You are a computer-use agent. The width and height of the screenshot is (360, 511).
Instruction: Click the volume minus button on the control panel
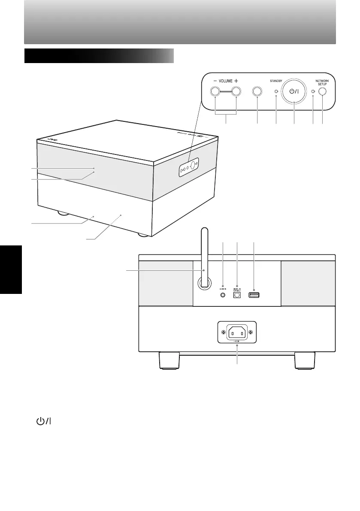coord(215,91)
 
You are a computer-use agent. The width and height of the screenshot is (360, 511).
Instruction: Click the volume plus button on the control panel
coord(236,91)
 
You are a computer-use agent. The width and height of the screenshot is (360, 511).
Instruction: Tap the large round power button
coord(294,91)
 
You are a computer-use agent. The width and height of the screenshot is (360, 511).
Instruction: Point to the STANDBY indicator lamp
coord(276,91)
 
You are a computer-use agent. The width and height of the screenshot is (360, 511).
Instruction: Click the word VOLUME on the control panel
coord(226,81)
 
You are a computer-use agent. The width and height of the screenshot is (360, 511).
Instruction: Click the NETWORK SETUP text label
coord(322,82)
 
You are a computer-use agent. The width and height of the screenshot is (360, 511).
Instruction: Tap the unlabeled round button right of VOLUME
coord(257,91)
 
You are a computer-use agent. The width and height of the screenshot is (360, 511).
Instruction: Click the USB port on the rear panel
coord(254,295)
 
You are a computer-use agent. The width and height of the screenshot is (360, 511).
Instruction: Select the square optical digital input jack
coord(236,295)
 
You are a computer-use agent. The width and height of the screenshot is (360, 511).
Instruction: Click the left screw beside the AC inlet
coord(223,333)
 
